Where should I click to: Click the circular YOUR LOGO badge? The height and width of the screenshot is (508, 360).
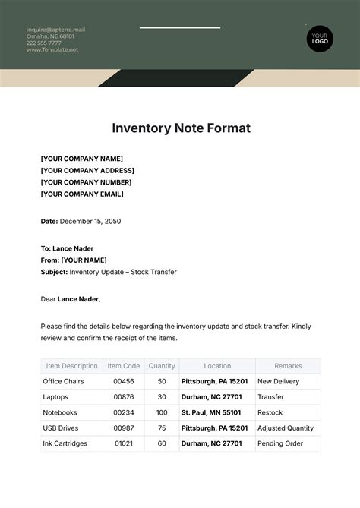tap(320, 38)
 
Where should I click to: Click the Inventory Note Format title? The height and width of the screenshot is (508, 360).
tap(181, 128)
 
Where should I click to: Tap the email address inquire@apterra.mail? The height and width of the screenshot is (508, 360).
tap(55, 30)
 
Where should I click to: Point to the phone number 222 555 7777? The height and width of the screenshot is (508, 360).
tap(44, 43)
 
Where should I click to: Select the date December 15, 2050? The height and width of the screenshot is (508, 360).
tap(90, 221)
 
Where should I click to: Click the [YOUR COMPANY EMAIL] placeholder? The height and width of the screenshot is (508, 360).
tap(82, 194)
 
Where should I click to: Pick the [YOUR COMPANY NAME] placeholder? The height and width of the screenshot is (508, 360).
tap(81, 159)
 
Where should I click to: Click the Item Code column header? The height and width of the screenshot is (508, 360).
tap(124, 366)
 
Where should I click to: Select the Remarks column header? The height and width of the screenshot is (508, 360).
tap(288, 366)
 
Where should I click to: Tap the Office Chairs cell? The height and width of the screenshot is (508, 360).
tap(64, 381)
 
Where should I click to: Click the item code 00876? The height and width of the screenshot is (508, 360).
tap(124, 397)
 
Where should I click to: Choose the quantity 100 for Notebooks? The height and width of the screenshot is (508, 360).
tap(162, 413)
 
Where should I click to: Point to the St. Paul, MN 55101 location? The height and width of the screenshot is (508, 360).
tap(211, 413)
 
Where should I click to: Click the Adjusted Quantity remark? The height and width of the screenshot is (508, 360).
tap(286, 428)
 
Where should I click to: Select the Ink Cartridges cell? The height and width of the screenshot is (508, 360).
tap(65, 444)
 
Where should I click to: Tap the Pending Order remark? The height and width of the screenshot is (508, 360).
tap(280, 444)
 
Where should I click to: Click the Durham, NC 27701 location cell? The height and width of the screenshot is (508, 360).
tap(212, 397)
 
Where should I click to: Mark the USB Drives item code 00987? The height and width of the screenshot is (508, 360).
tap(124, 428)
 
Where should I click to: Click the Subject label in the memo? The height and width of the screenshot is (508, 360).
tap(54, 272)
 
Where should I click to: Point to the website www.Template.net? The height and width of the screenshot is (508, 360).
tap(52, 50)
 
